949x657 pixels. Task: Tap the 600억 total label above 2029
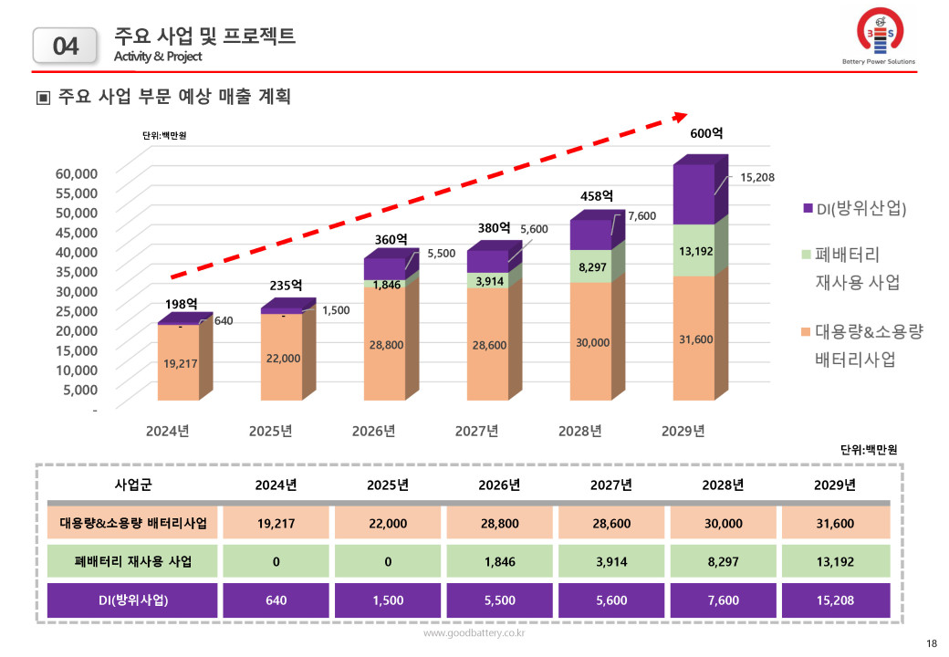[706, 133]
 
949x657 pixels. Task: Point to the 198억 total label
[182, 303]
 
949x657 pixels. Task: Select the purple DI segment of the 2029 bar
[693, 193]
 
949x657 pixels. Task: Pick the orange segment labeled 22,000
[283, 359]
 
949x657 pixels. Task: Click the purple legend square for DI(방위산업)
[808, 209]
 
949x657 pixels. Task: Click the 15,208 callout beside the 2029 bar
[756, 177]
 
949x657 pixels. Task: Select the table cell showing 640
[276, 600]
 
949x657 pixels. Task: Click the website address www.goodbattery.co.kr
[474, 632]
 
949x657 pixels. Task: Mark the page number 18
[931, 644]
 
